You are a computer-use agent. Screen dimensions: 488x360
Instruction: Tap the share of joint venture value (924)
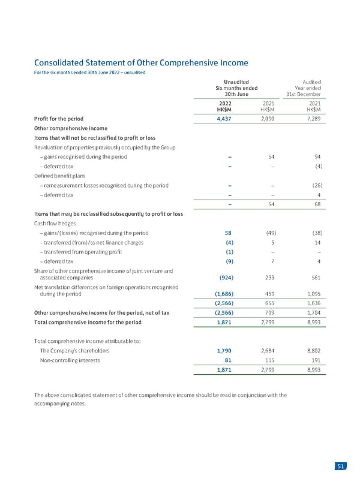click(223, 277)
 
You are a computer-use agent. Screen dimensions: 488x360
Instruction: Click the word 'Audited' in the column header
click(312, 82)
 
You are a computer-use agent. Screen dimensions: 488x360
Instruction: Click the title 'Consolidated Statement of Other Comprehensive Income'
click(141, 62)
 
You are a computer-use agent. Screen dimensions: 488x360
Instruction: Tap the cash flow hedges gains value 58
click(228, 233)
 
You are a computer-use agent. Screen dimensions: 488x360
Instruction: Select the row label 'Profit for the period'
click(59, 118)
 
